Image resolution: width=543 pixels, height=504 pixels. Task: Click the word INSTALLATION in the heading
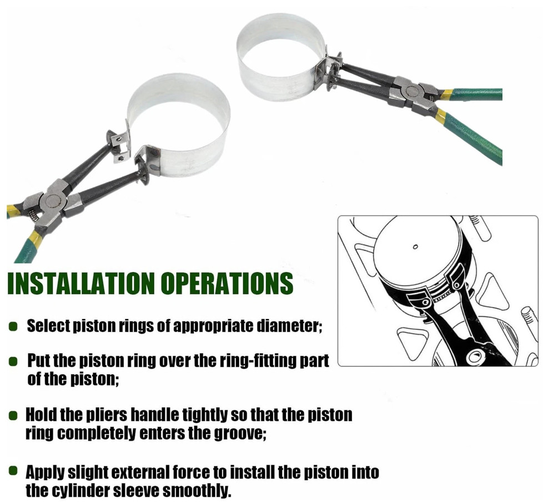[x=81, y=283]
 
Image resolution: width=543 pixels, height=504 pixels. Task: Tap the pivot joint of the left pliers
[x=52, y=201]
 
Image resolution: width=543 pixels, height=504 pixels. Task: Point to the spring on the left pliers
[x=33, y=216]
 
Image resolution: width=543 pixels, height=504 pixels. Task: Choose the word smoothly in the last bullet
[x=197, y=491]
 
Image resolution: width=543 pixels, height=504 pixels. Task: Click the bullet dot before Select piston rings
[x=13, y=326]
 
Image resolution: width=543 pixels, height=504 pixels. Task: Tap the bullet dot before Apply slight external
[x=13, y=471]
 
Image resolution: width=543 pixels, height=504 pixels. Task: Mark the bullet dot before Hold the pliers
[x=13, y=415]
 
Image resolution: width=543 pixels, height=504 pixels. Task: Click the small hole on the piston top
[x=415, y=247]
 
